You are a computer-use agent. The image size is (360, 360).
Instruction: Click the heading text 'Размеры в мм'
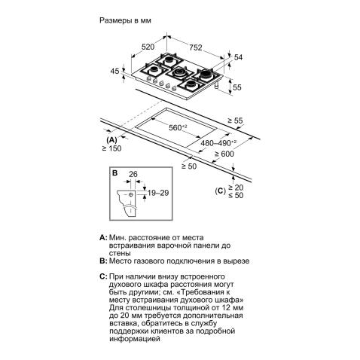125,20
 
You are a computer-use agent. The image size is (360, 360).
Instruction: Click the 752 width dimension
195,47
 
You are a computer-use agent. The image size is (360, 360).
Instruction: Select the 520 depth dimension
148,47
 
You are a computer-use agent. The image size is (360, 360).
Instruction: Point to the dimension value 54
238,57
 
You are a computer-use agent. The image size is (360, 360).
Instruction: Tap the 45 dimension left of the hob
114,71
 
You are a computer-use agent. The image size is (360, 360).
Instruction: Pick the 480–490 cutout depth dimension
218,143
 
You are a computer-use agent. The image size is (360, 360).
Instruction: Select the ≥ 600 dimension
224,154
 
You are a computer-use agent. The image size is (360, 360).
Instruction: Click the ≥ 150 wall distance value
111,148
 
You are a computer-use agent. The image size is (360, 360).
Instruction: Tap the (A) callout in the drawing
111,140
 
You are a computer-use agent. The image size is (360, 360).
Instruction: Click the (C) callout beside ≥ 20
220,191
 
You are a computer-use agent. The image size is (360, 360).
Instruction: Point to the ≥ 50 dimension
189,166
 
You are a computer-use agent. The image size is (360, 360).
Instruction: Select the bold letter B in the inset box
114,173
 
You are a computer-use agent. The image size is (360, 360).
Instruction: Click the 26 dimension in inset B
133,174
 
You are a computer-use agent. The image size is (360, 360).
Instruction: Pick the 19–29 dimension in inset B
158,193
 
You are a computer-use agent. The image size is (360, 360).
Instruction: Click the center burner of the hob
179,73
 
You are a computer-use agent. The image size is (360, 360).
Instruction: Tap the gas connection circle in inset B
130,195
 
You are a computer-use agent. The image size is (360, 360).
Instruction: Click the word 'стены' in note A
120,253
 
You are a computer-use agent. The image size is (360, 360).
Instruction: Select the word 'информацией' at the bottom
135,339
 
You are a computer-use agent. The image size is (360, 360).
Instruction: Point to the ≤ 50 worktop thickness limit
236,195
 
